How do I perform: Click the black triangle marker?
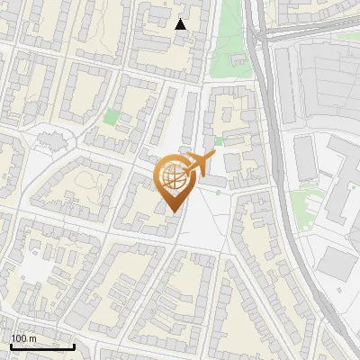point(181,24)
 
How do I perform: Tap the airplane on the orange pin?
point(202,164)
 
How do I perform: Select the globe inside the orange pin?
point(175,178)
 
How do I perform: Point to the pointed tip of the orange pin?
point(173,211)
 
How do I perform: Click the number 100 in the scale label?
point(20,338)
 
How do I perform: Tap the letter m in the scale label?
point(33,338)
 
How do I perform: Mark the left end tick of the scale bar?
point(10,345)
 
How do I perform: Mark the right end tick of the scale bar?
point(74,345)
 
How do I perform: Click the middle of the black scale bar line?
point(41,346)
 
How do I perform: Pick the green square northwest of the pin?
point(111,117)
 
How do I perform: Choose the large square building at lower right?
point(337,262)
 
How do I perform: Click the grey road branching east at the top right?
point(315,30)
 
